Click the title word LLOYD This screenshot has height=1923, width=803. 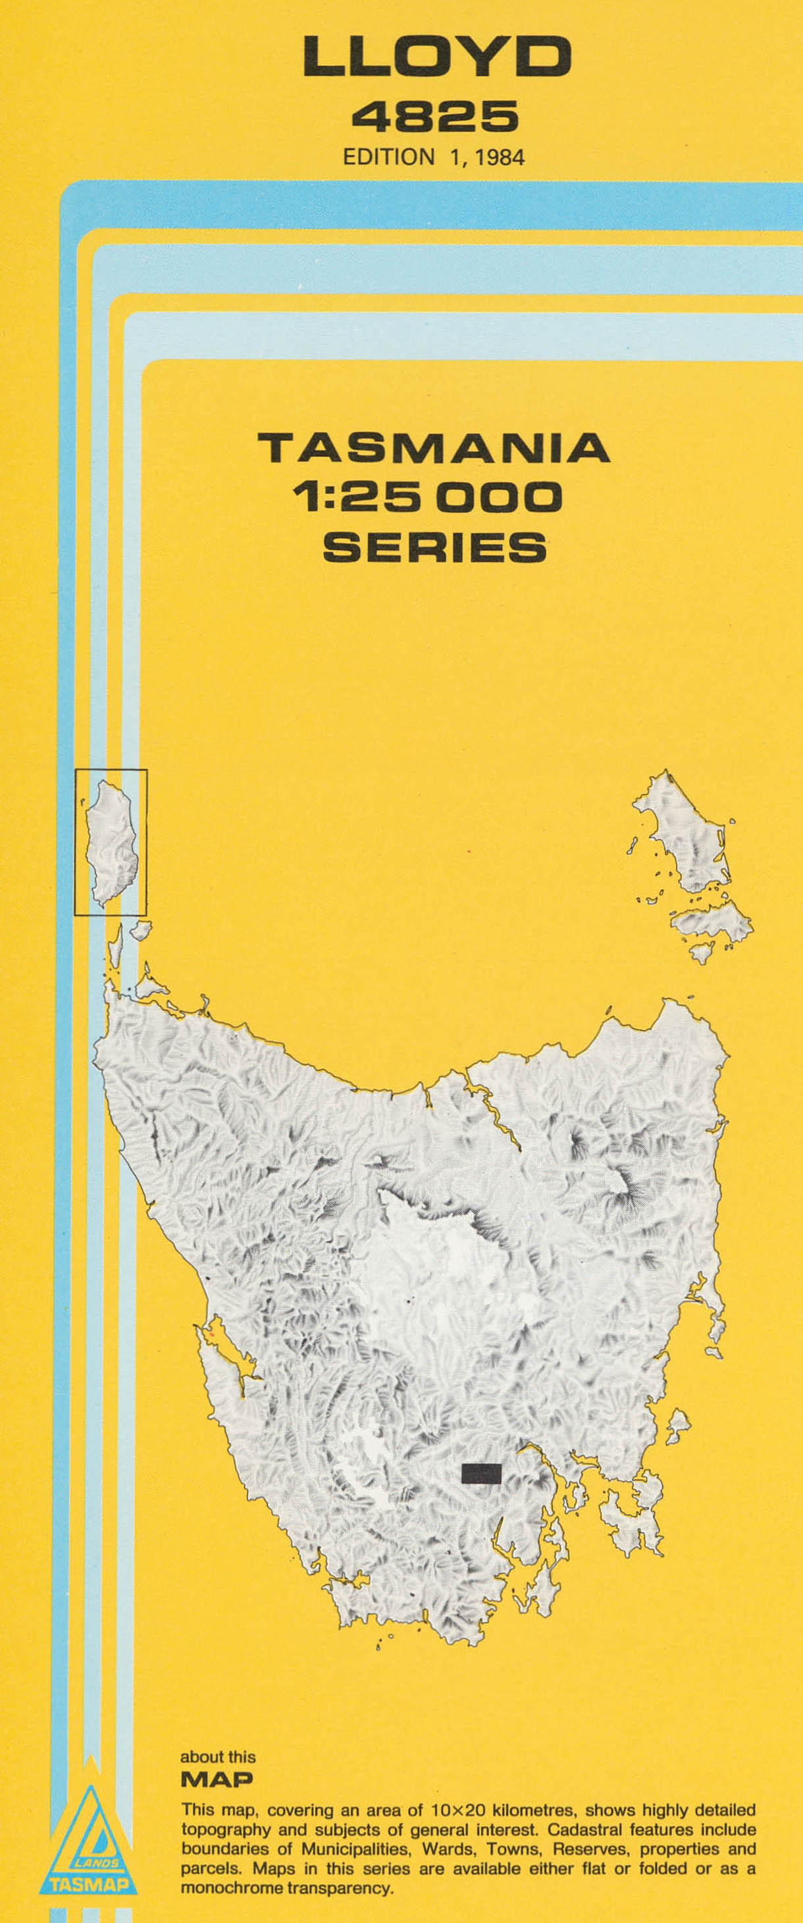[436, 58]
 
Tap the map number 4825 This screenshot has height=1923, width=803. [435, 117]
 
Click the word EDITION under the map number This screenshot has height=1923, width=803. [388, 157]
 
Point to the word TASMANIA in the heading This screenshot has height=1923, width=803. [434, 448]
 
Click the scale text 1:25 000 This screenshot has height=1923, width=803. [428, 498]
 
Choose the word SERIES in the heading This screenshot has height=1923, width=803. [434, 547]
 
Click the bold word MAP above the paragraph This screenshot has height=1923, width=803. [217, 1779]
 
